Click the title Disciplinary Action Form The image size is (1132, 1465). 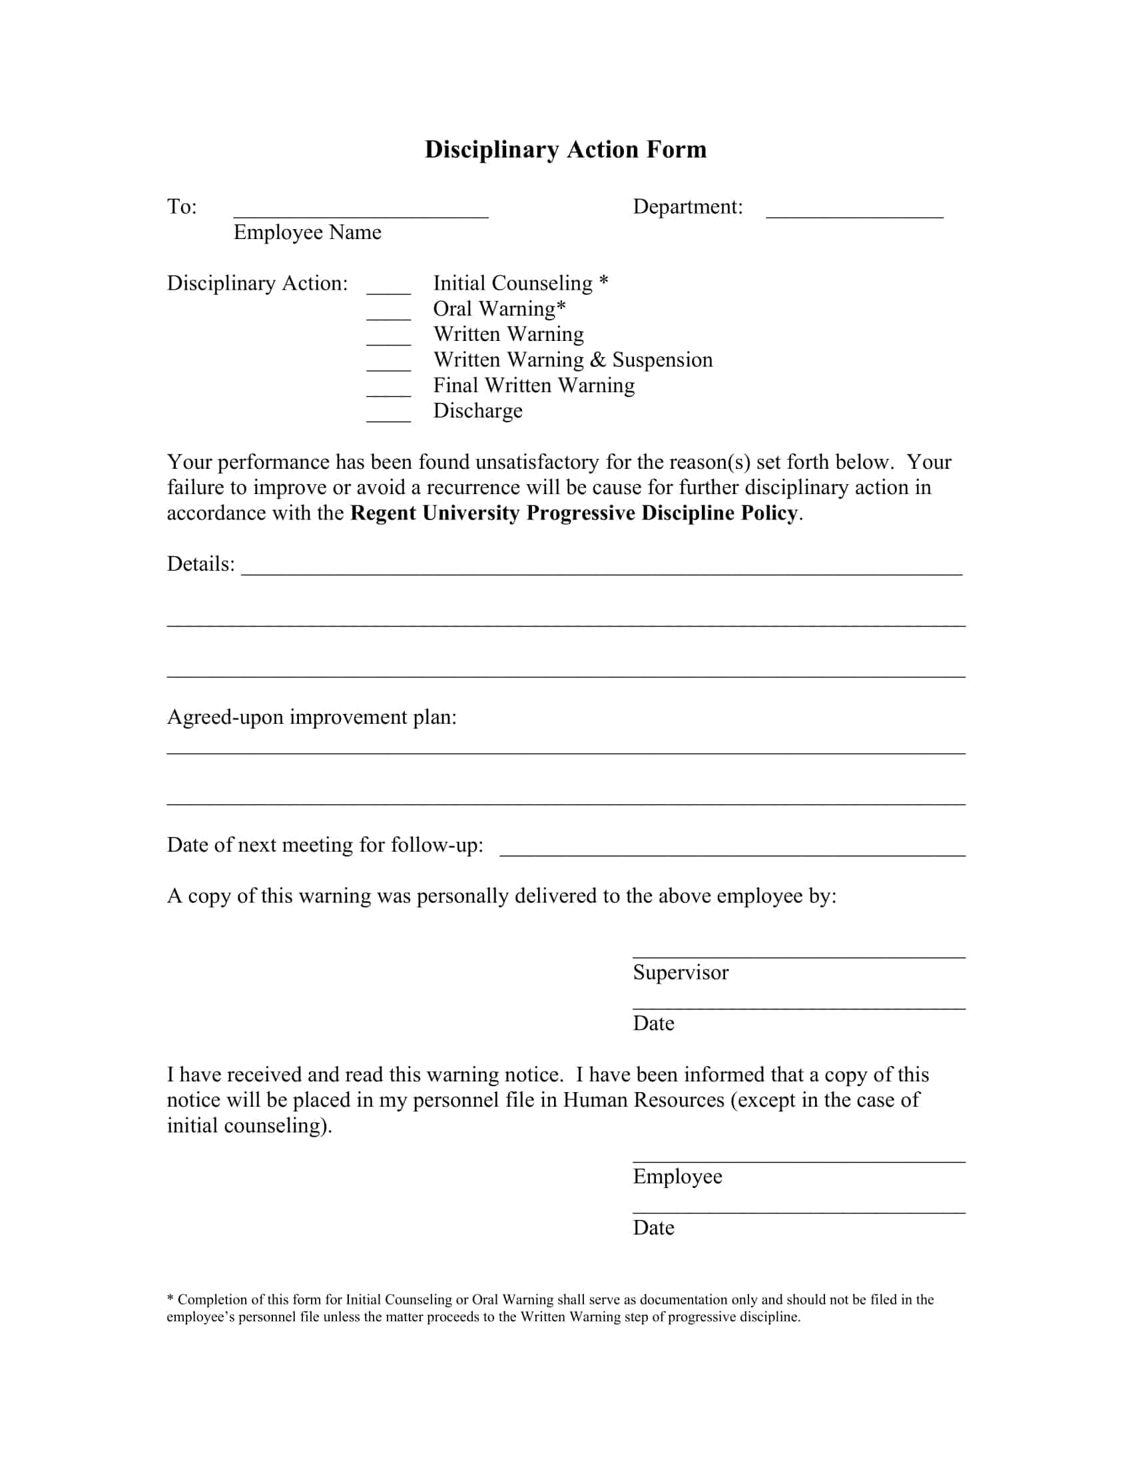click(x=565, y=149)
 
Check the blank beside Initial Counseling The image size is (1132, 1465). click(x=388, y=292)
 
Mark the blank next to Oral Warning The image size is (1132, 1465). click(x=388, y=317)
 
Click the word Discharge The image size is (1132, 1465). click(x=477, y=410)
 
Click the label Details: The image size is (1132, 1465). click(x=200, y=564)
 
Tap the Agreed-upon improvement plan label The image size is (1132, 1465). click(x=311, y=717)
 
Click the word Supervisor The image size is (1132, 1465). click(x=680, y=973)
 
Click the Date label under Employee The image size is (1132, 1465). click(x=653, y=1227)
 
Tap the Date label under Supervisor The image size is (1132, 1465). click(x=653, y=1024)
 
